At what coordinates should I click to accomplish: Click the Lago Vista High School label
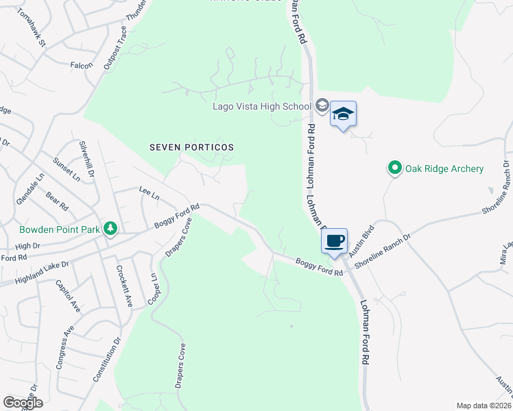point(262,106)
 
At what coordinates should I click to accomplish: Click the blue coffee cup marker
point(334,241)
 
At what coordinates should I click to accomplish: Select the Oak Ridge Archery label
point(444,169)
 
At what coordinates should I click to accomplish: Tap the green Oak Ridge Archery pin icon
point(394,168)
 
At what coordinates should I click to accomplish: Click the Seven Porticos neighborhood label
point(192,147)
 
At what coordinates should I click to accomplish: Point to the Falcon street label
point(82,65)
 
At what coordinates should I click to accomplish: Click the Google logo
point(23,403)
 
